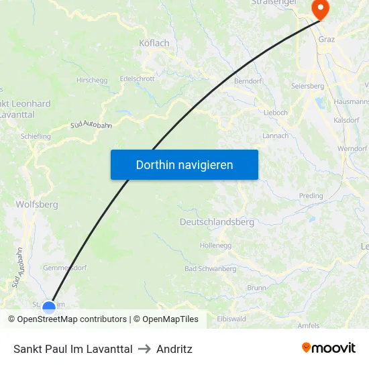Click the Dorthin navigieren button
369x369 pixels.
click(184, 164)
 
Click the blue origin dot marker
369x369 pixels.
click(49, 308)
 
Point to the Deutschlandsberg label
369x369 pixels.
click(216, 221)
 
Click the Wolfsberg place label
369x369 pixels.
click(37, 204)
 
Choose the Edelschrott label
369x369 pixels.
click(137, 78)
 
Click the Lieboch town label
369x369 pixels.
click(276, 112)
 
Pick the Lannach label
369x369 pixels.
click(275, 136)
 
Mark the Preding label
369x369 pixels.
click(311, 196)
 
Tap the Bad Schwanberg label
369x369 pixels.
click(210, 268)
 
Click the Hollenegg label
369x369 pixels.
click(215, 246)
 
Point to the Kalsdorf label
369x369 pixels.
click(346, 120)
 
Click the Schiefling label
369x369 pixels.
click(36, 136)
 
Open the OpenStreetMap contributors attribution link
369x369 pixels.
click(67, 319)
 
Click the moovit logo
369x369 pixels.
click(328, 348)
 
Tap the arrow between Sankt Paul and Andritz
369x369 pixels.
click(144, 349)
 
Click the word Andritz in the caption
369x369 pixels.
click(174, 349)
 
